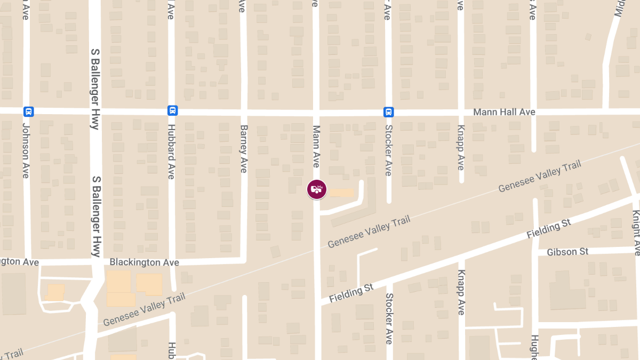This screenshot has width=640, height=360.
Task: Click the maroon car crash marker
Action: pyautogui.click(x=316, y=189)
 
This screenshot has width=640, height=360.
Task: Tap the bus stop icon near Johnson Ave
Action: pyautogui.click(x=29, y=111)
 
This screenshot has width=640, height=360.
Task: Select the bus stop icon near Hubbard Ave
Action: pyautogui.click(x=173, y=110)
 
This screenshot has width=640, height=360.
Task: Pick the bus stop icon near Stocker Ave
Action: pyautogui.click(x=389, y=111)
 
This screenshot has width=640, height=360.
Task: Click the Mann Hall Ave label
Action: pyautogui.click(x=504, y=112)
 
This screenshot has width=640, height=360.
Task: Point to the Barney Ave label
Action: pyautogui.click(x=244, y=149)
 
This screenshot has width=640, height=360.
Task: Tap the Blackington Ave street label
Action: pyautogui.click(x=144, y=262)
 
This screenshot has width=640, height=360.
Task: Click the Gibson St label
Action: pyautogui.click(x=567, y=251)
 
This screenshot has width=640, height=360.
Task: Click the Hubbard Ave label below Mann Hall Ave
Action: pyautogui.click(x=171, y=152)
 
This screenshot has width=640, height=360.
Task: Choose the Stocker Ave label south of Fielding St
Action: pyautogui.click(x=389, y=318)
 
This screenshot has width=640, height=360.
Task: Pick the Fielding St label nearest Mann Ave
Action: pyautogui.click(x=351, y=294)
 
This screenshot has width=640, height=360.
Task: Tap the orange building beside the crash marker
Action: pyautogui.click(x=341, y=193)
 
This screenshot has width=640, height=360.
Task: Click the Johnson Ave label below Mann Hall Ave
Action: pyautogui.click(x=26, y=151)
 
